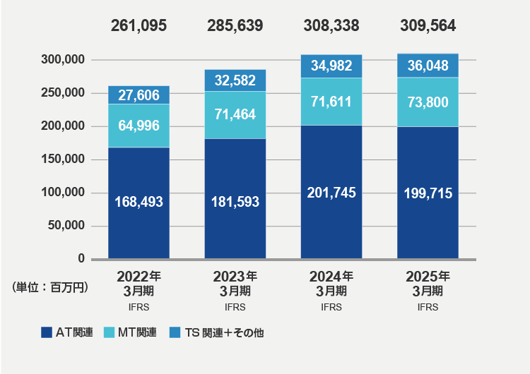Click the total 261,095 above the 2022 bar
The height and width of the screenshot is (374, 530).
(139, 26)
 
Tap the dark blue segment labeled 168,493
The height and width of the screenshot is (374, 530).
(139, 202)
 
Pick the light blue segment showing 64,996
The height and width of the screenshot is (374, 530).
(139, 126)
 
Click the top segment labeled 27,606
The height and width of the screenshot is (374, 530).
(139, 95)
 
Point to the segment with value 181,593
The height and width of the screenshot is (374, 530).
(235, 202)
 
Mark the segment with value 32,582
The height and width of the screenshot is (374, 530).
(235, 80)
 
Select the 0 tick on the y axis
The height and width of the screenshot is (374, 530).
(81, 259)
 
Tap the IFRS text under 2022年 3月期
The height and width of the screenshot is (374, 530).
(139, 307)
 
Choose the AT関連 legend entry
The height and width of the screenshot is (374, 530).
(68, 332)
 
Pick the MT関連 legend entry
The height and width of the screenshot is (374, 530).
(131, 332)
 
